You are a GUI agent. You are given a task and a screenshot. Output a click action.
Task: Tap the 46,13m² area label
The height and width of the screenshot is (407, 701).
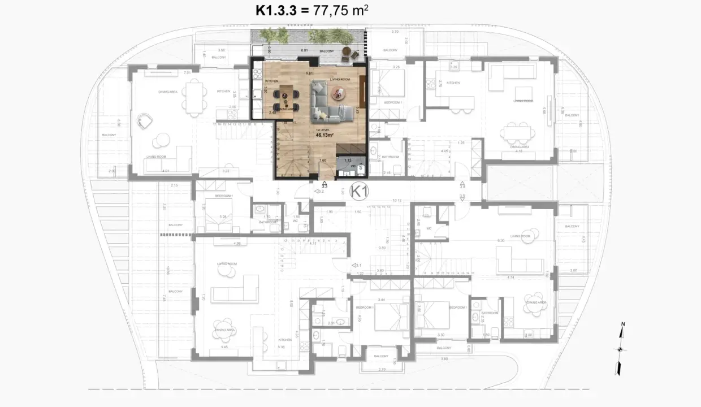324,136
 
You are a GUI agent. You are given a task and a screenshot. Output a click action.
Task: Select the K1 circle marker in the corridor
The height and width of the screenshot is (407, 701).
359,192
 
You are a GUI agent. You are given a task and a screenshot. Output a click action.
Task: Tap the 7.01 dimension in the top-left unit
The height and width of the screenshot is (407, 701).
187,73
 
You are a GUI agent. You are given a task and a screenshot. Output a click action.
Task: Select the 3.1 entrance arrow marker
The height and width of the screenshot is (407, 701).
357,265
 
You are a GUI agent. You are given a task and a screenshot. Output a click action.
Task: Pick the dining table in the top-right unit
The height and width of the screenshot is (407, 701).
518,133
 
